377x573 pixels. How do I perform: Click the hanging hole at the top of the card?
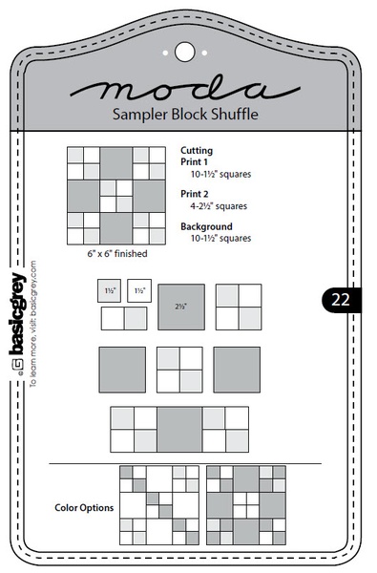click(184, 48)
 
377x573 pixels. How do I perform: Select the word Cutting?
click(196, 151)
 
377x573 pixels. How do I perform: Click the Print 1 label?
click(195, 162)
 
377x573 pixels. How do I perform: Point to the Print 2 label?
click(195, 194)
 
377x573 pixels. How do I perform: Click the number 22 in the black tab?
click(341, 299)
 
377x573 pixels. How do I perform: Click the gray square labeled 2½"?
click(181, 307)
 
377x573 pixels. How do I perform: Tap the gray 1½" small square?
click(110, 290)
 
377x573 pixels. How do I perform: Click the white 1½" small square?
click(139, 290)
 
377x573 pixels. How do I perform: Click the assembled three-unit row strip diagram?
click(180, 430)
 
